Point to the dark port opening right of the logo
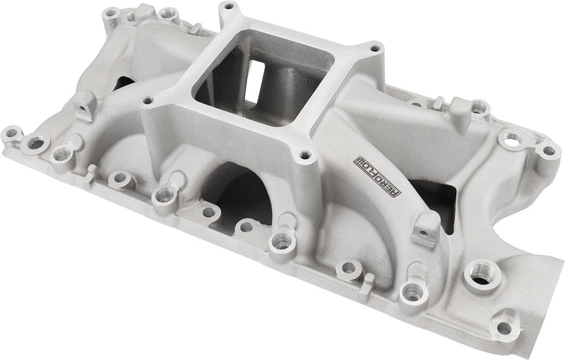tap(431, 194)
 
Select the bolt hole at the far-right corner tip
tap(547, 150)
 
